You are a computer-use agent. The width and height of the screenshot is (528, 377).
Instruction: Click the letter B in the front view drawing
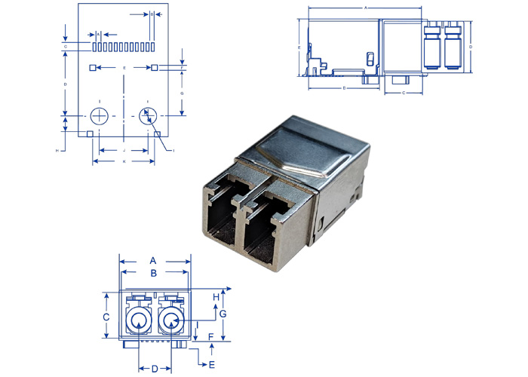(x=153, y=273)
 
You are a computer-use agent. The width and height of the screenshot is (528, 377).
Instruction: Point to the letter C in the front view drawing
(x=107, y=317)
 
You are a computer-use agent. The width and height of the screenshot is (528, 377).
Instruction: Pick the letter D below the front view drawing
(x=154, y=369)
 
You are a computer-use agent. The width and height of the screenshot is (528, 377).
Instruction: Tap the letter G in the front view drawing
(x=223, y=312)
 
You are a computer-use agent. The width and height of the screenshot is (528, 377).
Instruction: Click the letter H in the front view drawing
(x=216, y=296)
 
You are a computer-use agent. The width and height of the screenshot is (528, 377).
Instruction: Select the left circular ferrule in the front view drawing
(x=137, y=322)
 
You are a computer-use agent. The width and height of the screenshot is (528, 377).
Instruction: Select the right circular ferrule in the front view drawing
(x=171, y=322)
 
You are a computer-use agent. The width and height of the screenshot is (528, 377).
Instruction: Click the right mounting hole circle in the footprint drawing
(x=148, y=116)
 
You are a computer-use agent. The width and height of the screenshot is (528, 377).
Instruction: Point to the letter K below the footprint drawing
(x=124, y=161)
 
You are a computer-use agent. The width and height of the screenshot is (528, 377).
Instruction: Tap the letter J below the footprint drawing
(x=124, y=151)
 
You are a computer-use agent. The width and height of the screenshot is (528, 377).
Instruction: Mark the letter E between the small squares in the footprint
(x=124, y=68)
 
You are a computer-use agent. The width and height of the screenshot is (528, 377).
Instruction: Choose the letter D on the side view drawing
(x=471, y=47)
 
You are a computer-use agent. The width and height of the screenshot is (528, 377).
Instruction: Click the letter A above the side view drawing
(x=366, y=7)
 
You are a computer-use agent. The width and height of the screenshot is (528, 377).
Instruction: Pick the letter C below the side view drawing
(x=404, y=93)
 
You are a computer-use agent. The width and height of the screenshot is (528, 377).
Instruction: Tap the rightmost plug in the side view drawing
(x=452, y=47)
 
